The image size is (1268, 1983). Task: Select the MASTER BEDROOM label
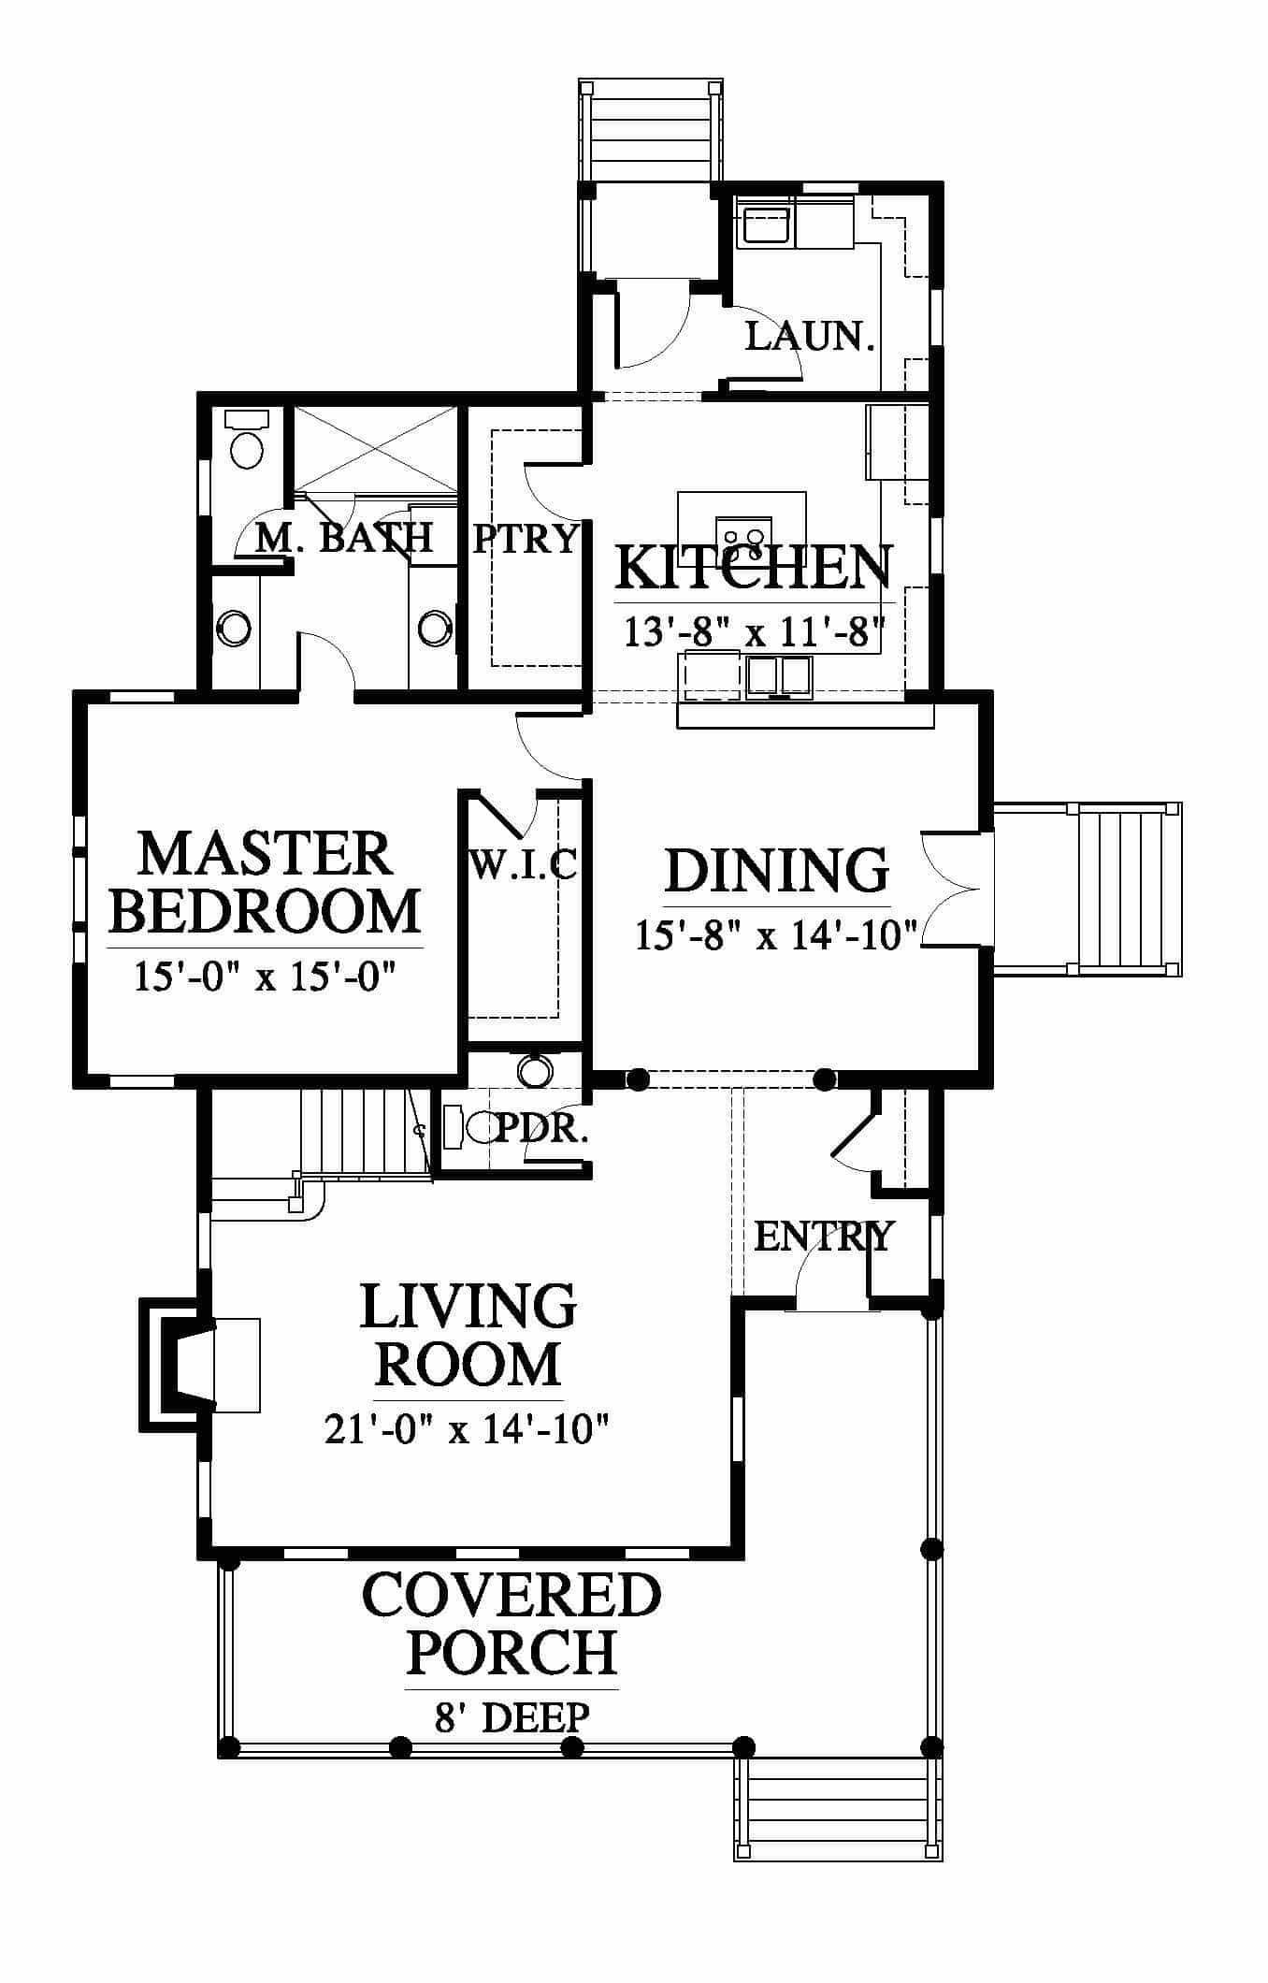coord(265,882)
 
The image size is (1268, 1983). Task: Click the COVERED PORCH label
coord(512,1625)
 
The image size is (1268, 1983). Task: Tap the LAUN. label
coord(810,336)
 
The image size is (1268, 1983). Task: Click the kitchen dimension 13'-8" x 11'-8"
coord(754,632)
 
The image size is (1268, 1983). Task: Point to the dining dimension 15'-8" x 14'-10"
coord(777,934)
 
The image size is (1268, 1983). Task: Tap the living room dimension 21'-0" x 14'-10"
coord(467,1428)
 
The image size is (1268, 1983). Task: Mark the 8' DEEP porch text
coord(512,1717)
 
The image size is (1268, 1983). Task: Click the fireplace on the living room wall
coord(178,1365)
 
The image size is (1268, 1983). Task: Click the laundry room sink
coord(766,224)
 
